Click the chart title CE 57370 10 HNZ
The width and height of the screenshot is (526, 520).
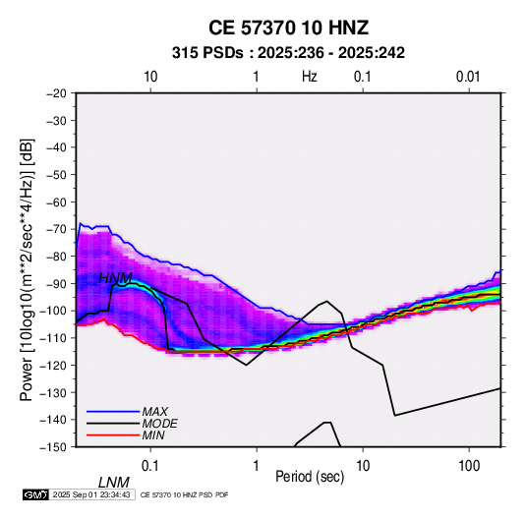pos(288,28)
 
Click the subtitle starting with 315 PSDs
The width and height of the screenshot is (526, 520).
pos(288,53)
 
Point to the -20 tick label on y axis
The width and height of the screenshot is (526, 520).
pos(56,93)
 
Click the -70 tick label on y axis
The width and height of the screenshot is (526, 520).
pos(56,229)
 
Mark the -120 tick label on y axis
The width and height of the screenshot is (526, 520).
pos(53,365)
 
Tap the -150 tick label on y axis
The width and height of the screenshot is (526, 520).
pos(53,447)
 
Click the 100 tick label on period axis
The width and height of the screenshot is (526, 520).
pos(469,466)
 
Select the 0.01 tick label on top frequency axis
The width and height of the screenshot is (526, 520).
pos(468,77)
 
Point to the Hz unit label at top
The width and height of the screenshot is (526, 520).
pos(310,77)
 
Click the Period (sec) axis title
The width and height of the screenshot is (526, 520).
pos(310,477)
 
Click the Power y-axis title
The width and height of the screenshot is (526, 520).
pos(27,270)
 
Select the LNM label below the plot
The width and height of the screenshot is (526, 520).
pos(114,483)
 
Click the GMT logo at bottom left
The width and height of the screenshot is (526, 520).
pos(36,494)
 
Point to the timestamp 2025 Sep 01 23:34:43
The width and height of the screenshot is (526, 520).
pos(91,494)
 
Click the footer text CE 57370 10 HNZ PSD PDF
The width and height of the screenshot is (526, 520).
pos(184,494)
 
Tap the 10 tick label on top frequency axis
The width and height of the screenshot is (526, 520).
pos(150,77)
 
